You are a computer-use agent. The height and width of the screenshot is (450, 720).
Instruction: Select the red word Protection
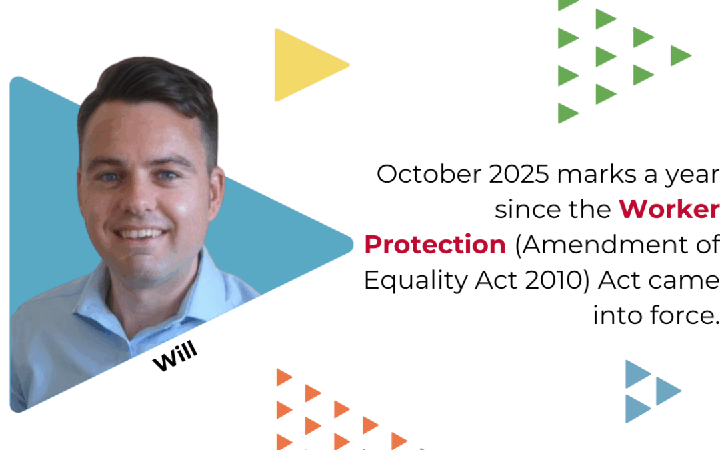click(x=435, y=245)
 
